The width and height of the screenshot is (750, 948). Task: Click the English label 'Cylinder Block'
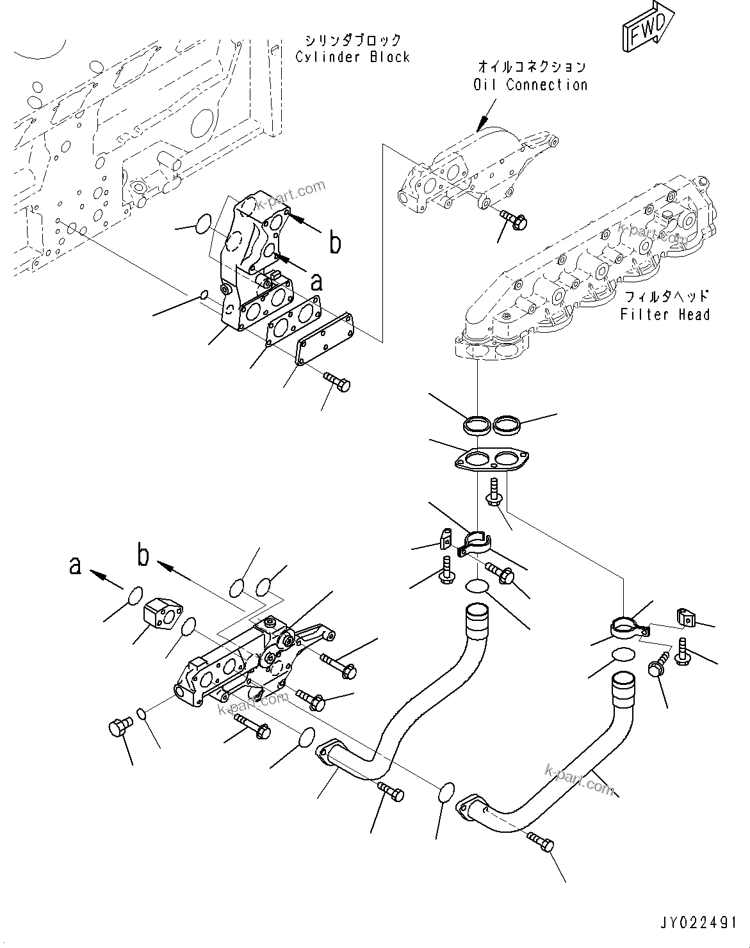(x=352, y=57)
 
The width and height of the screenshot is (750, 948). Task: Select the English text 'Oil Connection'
(x=530, y=84)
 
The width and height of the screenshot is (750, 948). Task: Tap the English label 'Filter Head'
(x=665, y=314)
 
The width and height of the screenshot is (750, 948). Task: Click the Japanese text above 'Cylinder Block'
(x=353, y=40)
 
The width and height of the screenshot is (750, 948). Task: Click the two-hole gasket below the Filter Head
(x=491, y=460)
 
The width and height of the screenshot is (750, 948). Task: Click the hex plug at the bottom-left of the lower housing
(x=120, y=727)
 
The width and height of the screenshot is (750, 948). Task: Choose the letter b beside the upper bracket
(x=335, y=243)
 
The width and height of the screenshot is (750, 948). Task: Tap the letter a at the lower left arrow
(x=76, y=565)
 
